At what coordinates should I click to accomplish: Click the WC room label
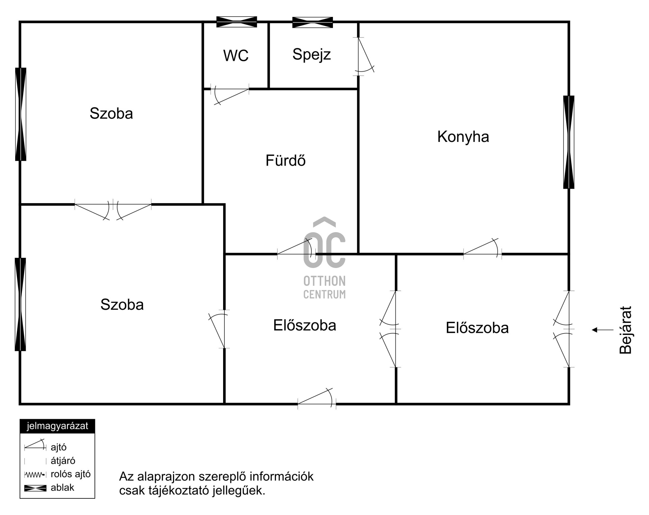(236, 55)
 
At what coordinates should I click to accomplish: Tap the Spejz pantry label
(311, 54)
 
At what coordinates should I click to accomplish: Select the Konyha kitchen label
(463, 137)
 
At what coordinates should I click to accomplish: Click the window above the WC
(237, 22)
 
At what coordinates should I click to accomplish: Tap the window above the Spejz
(312, 22)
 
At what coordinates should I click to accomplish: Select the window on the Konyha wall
(569, 142)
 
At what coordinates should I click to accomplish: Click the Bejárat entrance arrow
(602, 330)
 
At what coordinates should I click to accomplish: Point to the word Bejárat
(626, 330)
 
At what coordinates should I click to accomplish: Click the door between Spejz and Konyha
(364, 56)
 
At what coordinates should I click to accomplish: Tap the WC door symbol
(230, 95)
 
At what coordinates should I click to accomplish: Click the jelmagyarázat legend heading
(57, 426)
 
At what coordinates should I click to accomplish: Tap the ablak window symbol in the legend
(35, 488)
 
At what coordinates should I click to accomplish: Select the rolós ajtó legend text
(70, 474)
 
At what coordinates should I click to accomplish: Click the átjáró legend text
(63, 461)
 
